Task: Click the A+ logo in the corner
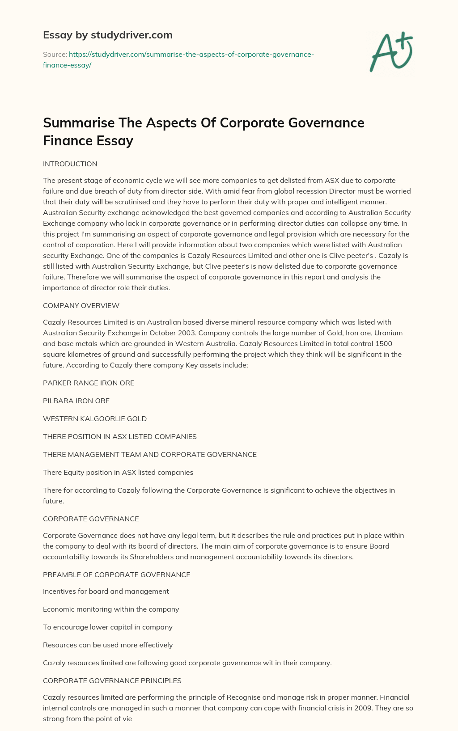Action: pyautogui.click(x=391, y=53)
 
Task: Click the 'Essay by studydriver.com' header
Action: pyautogui.click(x=107, y=35)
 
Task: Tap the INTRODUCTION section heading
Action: pyautogui.click(x=70, y=164)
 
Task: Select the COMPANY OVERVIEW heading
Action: pyautogui.click(x=81, y=306)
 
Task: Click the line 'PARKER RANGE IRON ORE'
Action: pyautogui.click(x=89, y=383)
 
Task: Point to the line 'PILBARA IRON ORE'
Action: pyautogui.click(x=76, y=401)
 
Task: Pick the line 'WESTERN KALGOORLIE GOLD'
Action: pyautogui.click(x=95, y=419)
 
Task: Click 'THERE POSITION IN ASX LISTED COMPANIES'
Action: pyautogui.click(x=119, y=437)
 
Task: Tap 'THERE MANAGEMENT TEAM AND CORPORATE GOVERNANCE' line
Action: pyautogui.click(x=149, y=455)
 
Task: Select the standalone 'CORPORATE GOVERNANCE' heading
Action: pyautogui.click(x=91, y=519)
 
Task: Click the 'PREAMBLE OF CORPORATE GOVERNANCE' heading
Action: pyautogui.click(x=116, y=575)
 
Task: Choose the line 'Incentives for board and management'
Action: pyautogui.click(x=106, y=592)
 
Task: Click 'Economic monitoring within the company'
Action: pyautogui.click(x=111, y=609)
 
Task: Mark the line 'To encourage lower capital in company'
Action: pyautogui.click(x=107, y=627)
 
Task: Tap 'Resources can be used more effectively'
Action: pyautogui.click(x=107, y=645)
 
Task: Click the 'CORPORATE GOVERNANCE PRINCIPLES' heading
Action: pyautogui.click(x=112, y=681)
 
